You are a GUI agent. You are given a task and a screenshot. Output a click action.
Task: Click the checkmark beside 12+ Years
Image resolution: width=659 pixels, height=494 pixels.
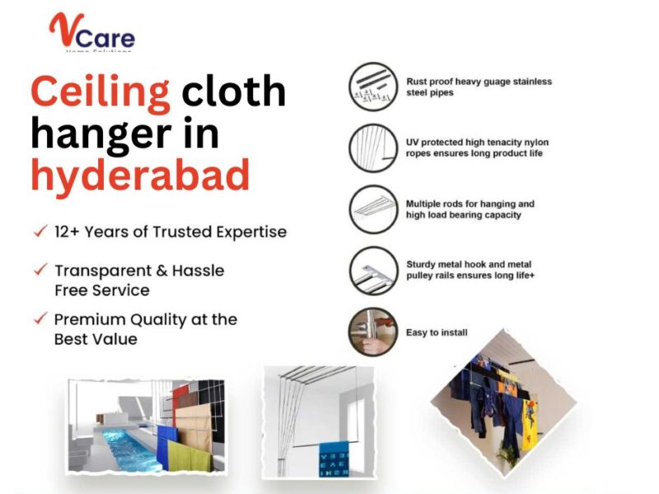click(x=39, y=232)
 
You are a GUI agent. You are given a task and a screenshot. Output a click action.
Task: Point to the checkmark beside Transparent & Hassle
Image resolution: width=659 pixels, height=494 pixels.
click(x=39, y=270)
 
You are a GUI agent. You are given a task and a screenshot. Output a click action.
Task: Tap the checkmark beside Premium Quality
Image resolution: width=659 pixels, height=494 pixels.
click(x=39, y=319)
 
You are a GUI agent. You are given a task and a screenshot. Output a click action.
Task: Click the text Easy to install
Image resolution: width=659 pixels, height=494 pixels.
click(x=437, y=333)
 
